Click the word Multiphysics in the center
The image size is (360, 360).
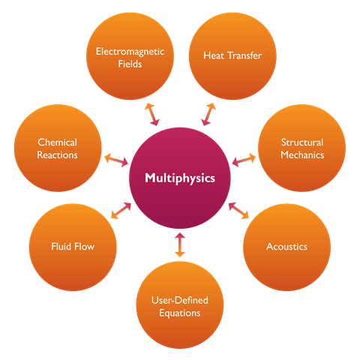click(180, 178)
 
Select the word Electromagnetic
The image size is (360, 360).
click(130, 52)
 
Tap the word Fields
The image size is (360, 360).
click(130, 64)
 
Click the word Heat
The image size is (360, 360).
click(214, 55)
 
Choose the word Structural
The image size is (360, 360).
click(302, 142)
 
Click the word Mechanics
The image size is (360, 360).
click(302, 155)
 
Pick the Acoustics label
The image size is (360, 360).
click(286, 247)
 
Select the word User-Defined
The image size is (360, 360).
click(180, 300)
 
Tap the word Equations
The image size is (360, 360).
click(180, 313)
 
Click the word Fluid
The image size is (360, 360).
click(61, 247)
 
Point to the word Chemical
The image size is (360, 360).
click(57, 142)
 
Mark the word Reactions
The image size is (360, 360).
click(57, 155)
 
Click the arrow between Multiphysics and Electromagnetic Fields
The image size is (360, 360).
click(152, 114)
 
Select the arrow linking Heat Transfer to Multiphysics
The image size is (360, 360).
click(208, 114)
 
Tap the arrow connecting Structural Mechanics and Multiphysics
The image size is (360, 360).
click(244, 160)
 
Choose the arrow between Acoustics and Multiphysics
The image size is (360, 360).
click(238, 211)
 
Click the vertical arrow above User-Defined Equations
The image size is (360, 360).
click(180, 245)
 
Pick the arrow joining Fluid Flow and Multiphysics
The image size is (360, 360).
click(121, 211)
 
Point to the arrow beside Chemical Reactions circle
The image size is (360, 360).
click(116, 160)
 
